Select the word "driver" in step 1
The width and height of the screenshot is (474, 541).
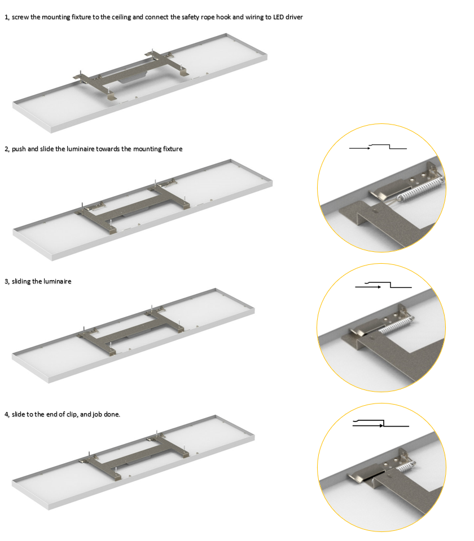(x=294, y=17)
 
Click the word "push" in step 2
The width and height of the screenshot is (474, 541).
(x=19, y=149)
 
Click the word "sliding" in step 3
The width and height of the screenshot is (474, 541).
(x=21, y=282)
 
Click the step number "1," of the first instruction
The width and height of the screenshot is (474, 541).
(x=7, y=17)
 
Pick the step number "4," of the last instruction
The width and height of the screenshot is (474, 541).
(x=7, y=414)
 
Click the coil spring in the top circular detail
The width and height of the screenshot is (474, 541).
(x=420, y=188)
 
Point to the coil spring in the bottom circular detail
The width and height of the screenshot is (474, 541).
(x=403, y=468)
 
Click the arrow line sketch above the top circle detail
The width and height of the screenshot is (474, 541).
(x=378, y=147)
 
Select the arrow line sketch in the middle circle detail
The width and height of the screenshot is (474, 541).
(x=383, y=285)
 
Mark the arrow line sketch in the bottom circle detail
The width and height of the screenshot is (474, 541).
(x=380, y=423)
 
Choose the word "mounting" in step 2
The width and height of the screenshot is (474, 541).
(x=147, y=149)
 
